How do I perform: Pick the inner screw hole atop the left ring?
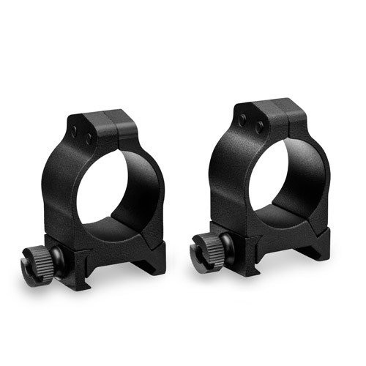pos(89,137)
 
